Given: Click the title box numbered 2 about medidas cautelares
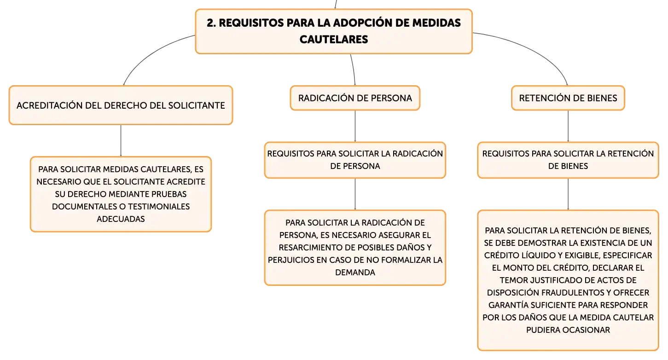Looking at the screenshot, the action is [334, 31].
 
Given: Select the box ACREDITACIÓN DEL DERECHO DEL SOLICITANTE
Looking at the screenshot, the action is [121, 105].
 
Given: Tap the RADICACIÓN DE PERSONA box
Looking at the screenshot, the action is [355, 98].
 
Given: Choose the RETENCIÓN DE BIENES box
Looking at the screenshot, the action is [568, 98].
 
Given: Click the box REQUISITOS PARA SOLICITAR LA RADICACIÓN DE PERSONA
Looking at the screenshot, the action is [355, 160].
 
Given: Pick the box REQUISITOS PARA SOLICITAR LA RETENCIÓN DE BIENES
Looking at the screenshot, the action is [568, 160].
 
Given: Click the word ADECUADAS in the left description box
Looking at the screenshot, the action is [121, 219].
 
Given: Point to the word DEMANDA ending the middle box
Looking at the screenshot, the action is [355, 273].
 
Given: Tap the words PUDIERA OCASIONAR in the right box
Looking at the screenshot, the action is [568, 330].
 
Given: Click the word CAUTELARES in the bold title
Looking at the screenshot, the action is [334, 40].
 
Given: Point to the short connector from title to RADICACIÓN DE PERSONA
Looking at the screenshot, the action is [354, 70].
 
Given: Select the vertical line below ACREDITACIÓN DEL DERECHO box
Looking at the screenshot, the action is [121, 140].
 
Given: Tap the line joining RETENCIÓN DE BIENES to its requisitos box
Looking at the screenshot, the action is [568, 126].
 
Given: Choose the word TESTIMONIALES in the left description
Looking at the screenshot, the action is [159, 206].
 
